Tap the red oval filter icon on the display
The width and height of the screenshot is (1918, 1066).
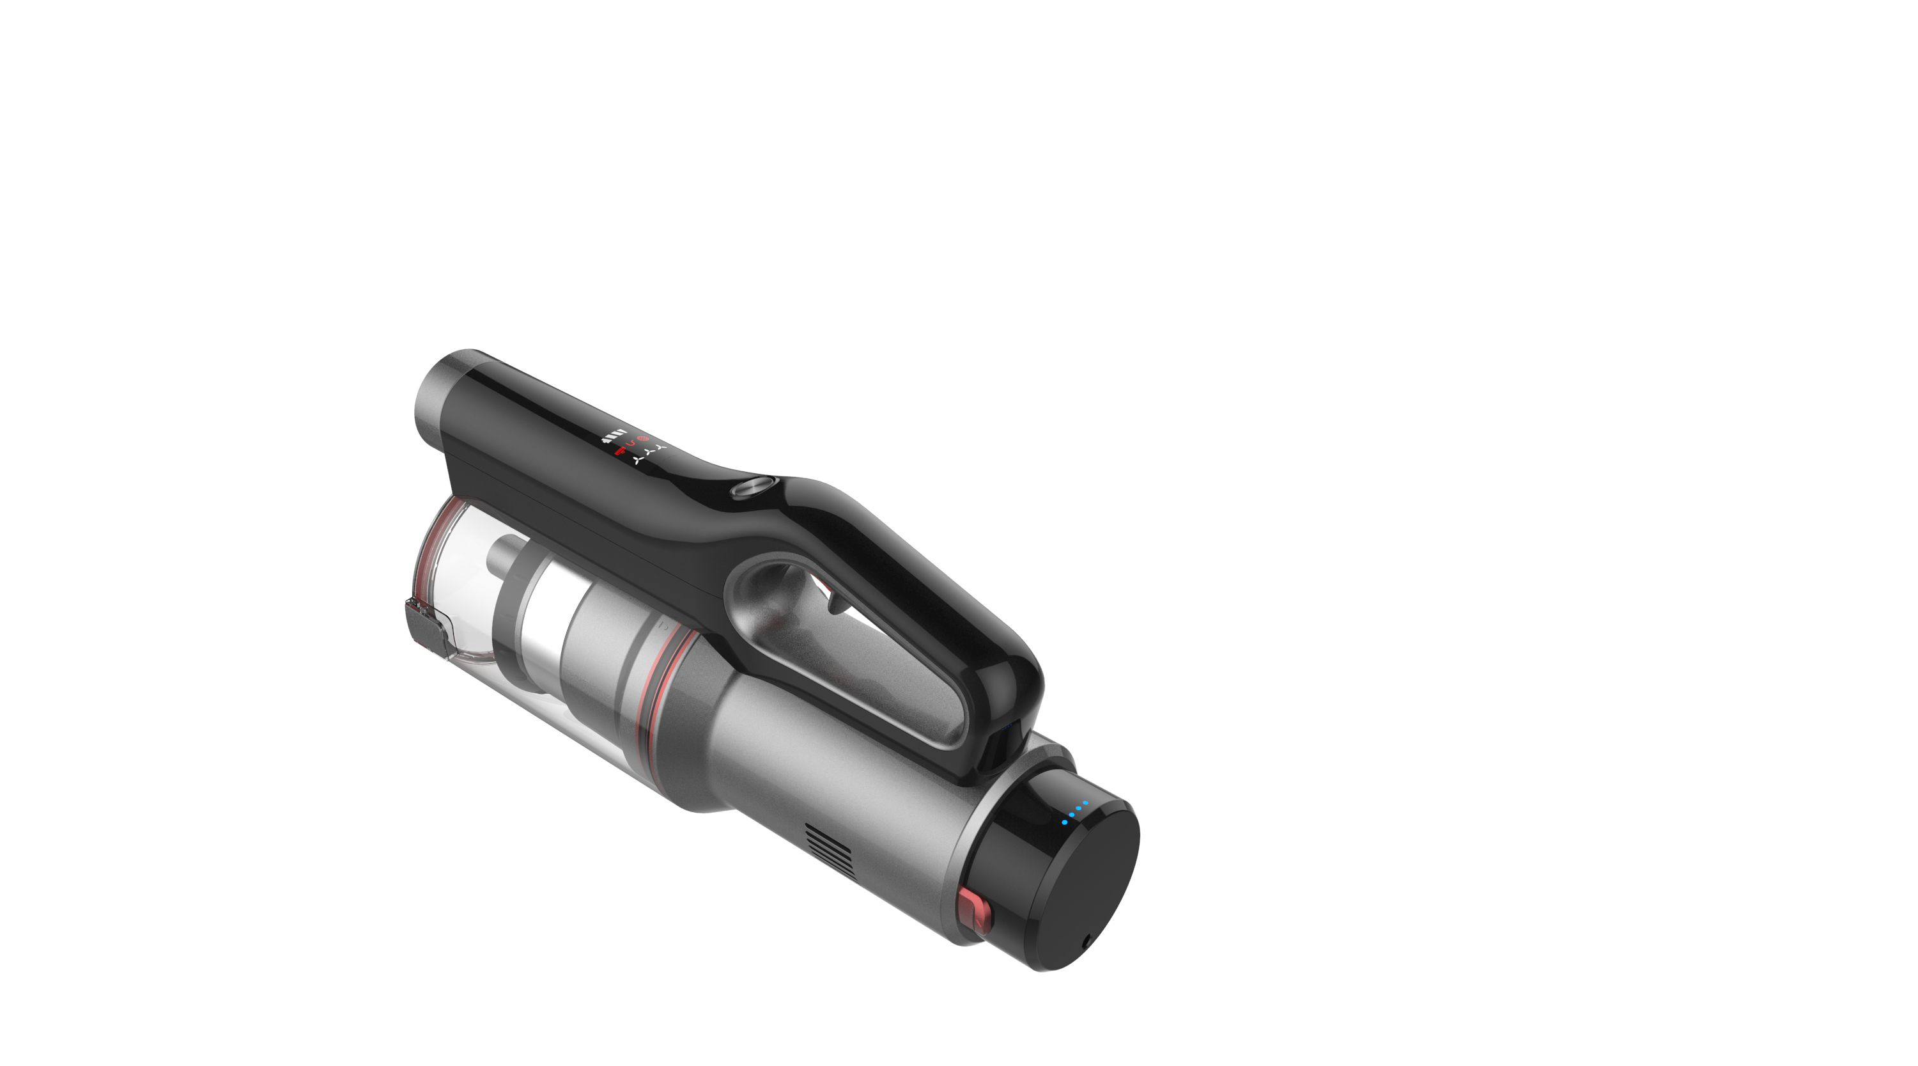pyautogui.click(x=644, y=439)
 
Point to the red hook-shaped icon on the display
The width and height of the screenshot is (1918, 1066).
pyautogui.click(x=631, y=444)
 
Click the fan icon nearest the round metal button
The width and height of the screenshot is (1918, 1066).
pyautogui.click(x=661, y=447)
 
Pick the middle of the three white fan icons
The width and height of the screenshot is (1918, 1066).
pyautogui.click(x=649, y=453)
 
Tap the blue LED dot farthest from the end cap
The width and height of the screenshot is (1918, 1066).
pyautogui.click(x=1065, y=822)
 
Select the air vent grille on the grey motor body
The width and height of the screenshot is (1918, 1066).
pyautogui.click(x=830, y=849)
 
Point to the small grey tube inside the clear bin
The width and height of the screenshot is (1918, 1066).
pyautogui.click(x=506, y=555)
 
